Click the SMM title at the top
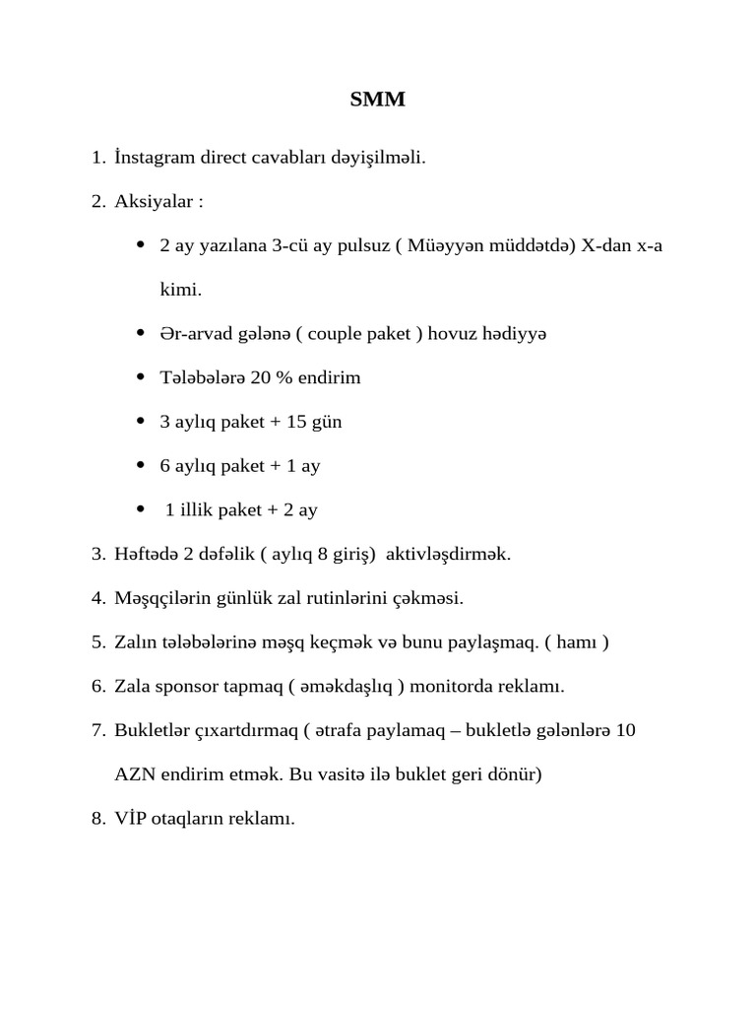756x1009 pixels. point(378,100)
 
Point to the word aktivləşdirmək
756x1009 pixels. point(448,554)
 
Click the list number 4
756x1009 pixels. point(97,597)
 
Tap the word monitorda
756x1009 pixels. point(459,686)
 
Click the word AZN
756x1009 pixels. point(133,774)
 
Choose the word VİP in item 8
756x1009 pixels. point(131,818)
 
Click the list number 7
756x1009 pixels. point(97,730)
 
